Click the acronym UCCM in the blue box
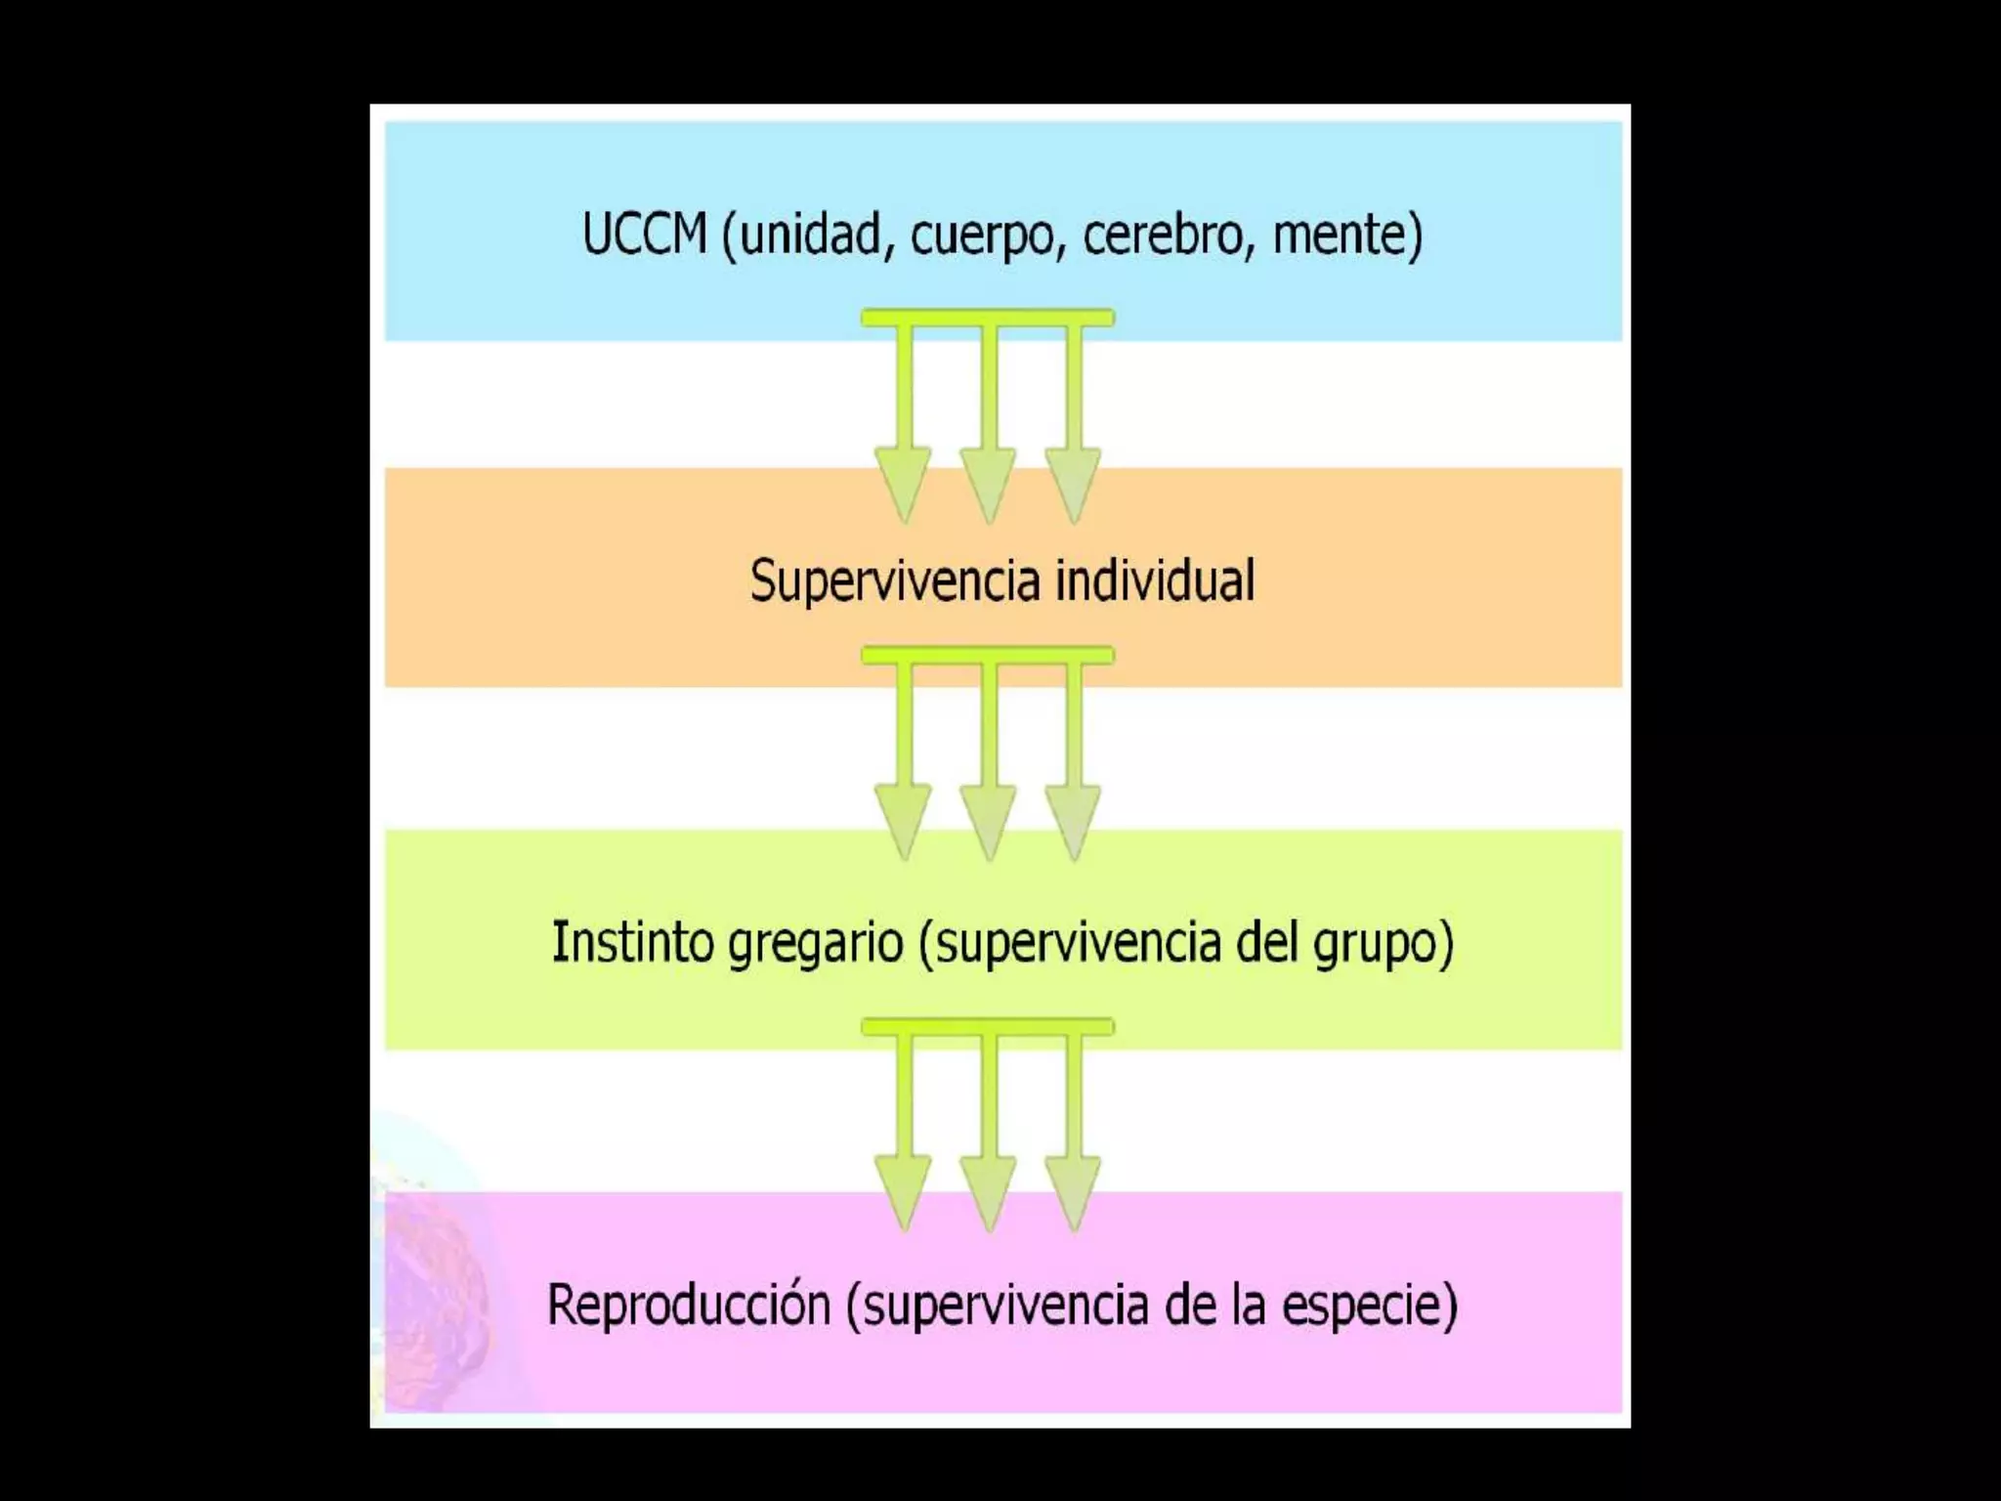[644, 235]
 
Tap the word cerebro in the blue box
[1162, 235]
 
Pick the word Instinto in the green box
[631, 942]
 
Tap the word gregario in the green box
[816, 944]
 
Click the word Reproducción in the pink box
[688, 1305]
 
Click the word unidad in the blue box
[810, 235]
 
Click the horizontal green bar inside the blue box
[988, 318]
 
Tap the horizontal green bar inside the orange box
[988, 655]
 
